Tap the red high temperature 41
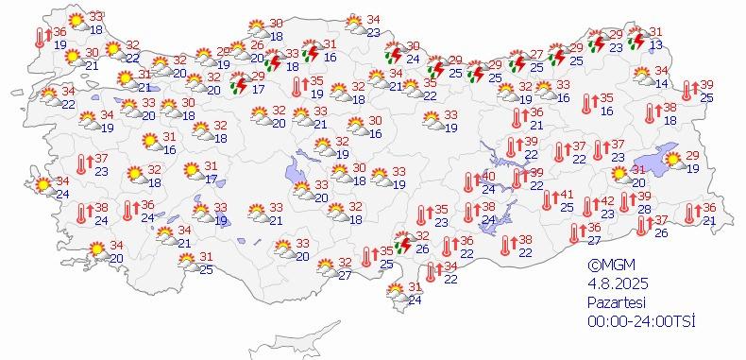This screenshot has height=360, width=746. click(x=567, y=195)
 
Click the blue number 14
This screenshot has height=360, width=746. click(x=661, y=84)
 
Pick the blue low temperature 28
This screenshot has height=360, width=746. click(x=644, y=209)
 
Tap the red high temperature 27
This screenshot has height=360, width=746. click(x=535, y=55)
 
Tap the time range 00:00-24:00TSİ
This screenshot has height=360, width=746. click(x=640, y=321)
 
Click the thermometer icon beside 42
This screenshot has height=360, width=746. click(x=590, y=206)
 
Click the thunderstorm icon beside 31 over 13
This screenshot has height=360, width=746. click(x=637, y=40)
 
